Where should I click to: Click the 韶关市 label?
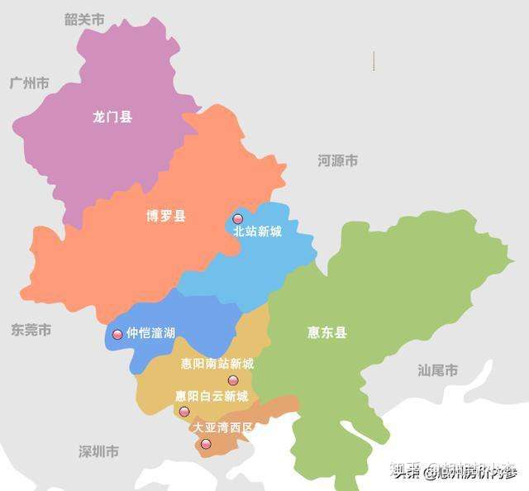[84, 20]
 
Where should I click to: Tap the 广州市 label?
[29, 83]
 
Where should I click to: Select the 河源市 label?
[338, 160]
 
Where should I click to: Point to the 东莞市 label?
[31, 330]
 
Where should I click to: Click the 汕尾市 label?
[437, 370]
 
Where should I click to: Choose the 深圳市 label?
[98, 451]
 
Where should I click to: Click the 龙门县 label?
[112, 117]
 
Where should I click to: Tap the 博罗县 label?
[166, 217]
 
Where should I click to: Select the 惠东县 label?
[327, 332]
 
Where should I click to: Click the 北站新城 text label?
[258, 231]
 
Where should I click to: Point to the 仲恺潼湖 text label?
[150, 333]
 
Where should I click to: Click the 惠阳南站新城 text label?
[217, 364]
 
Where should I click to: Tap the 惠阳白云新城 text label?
[212, 396]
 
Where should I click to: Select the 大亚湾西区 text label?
[222, 428]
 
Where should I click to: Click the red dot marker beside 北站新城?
[238, 219]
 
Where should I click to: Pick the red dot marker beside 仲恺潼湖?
[117, 334]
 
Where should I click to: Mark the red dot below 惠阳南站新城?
[233, 380]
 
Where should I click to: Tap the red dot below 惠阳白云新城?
[184, 412]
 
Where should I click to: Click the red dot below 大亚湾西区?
[206, 444]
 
